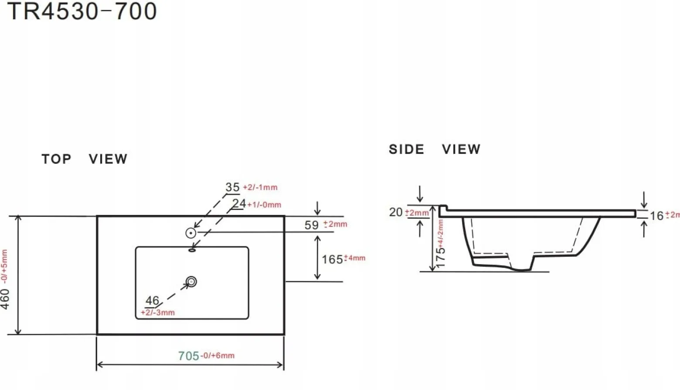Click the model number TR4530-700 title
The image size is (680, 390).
(x=82, y=11)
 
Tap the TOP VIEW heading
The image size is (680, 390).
(x=85, y=159)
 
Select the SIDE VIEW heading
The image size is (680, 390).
(x=435, y=149)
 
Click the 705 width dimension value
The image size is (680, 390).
(x=188, y=356)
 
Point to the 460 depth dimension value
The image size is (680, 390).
(x=5, y=299)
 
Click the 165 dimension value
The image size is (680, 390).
(x=332, y=260)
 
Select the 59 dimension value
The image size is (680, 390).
(x=312, y=225)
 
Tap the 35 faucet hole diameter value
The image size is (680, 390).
(x=232, y=187)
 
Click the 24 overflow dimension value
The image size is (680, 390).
(x=239, y=203)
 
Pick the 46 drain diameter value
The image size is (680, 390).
(x=152, y=301)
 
